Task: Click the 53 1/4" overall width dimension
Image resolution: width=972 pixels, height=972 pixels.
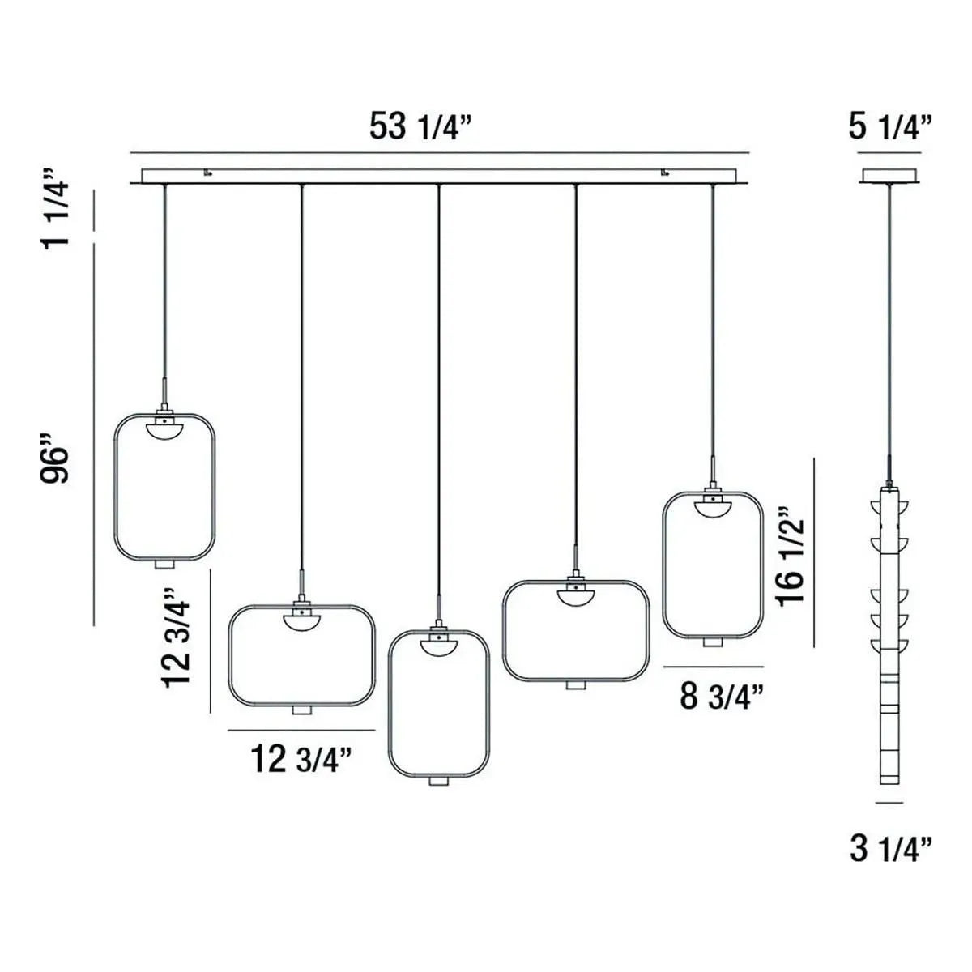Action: click(420, 126)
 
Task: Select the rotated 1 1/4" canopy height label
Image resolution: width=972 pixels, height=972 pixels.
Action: click(61, 208)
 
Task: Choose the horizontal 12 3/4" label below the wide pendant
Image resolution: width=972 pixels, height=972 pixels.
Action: click(301, 759)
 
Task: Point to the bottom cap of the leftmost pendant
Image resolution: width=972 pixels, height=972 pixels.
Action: click(164, 563)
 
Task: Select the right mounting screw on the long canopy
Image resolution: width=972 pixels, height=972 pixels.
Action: click(665, 172)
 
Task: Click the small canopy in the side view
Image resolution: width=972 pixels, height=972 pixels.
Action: click(889, 176)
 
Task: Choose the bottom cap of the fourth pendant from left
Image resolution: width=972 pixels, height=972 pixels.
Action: click(575, 684)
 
